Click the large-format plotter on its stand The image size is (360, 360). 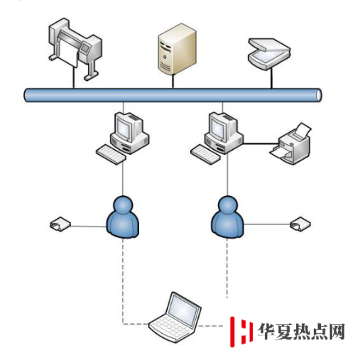click(x=75, y=48)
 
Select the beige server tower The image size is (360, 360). click(x=177, y=48)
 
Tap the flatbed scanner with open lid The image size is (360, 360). click(x=269, y=54)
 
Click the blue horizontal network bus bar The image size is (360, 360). click(x=173, y=95)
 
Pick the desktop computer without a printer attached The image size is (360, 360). click(x=123, y=138)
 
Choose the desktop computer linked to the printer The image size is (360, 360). click(x=217, y=138)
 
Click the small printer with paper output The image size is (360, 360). click(x=290, y=144)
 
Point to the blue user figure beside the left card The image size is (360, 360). click(x=123, y=217)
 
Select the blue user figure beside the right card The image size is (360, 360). click(x=227, y=217)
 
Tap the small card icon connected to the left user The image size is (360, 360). click(x=60, y=224)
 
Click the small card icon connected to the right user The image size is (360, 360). click(x=300, y=224)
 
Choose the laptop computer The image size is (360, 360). click(x=175, y=317)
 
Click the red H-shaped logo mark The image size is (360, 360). click(x=241, y=332)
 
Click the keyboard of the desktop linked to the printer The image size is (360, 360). click(x=205, y=154)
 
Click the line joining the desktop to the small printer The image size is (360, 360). click(x=261, y=143)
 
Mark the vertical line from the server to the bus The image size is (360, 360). click(x=173, y=81)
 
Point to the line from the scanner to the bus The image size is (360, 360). click(x=271, y=79)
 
